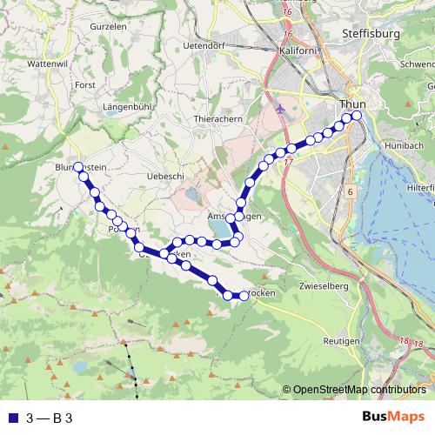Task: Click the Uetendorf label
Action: tap(207, 44)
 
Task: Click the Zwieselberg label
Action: tap(322, 285)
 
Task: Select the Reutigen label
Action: tap(338, 341)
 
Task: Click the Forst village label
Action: tap(84, 85)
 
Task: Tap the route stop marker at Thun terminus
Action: tap(356, 115)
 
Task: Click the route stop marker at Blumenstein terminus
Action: tap(78, 166)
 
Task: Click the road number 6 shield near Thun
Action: tap(349, 191)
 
